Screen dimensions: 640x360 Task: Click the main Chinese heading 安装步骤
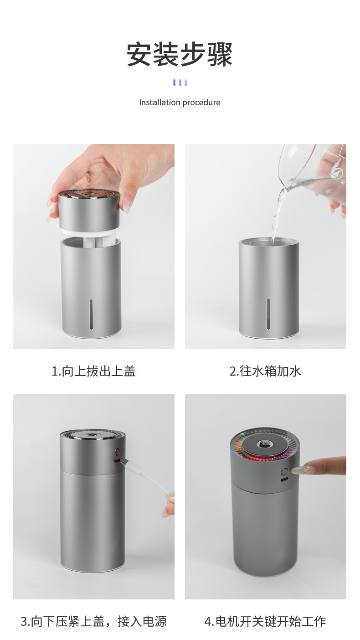click(x=180, y=55)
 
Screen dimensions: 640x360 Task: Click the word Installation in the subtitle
click(x=159, y=103)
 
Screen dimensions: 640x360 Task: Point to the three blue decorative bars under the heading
click(x=180, y=83)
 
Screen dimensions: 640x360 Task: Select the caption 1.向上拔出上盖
click(x=93, y=371)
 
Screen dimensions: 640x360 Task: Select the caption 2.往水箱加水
click(x=265, y=371)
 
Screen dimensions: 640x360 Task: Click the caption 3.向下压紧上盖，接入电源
click(x=93, y=621)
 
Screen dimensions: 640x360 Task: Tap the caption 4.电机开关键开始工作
click(x=265, y=621)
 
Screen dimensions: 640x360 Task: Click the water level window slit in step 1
click(x=91, y=314)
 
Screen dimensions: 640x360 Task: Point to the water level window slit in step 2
click(x=268, y=314)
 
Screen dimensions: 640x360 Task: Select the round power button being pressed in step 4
click(x=284, y=472)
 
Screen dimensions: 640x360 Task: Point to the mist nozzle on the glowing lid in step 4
click(x=265, y=444)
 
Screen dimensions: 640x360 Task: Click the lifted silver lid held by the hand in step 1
click(x=89, y=210)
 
